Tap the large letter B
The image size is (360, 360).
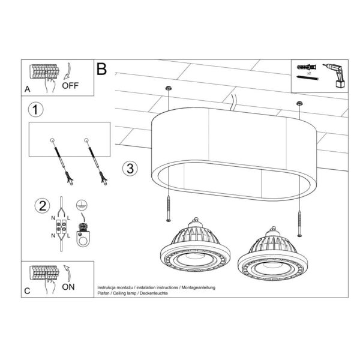[101, 69]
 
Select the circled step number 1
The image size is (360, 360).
[37, 110]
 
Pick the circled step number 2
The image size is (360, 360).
[41, 206]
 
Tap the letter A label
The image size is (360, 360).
[28, 90]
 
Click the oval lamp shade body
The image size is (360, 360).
[234, 144]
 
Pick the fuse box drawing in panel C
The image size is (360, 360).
[44, 274]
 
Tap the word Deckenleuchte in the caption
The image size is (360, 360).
[155, 293]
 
